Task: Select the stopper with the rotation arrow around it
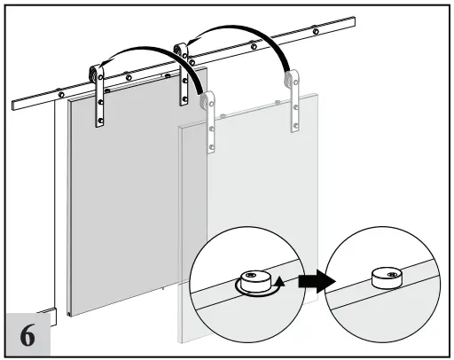253,281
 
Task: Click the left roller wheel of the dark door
98,74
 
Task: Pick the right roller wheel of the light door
290,84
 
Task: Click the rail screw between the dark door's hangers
129,77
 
